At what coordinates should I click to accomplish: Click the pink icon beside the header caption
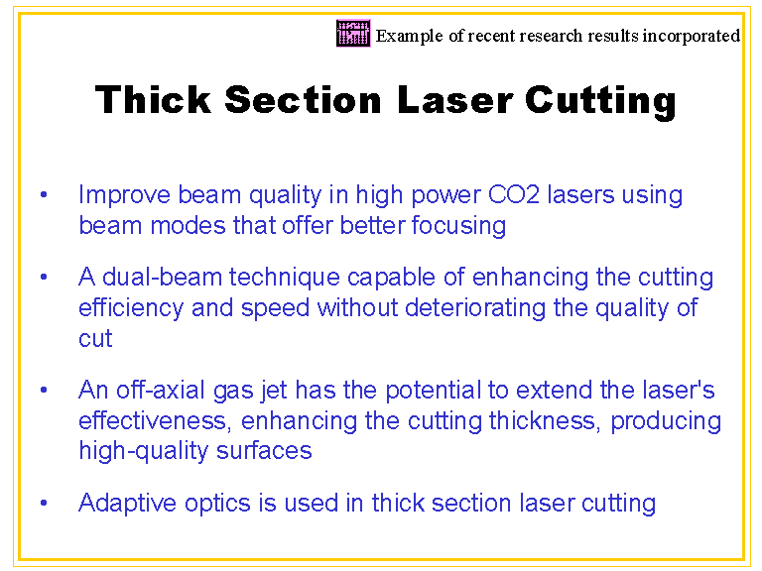click(x=353, y=33)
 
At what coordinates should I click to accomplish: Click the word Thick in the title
click(x=153, y=99)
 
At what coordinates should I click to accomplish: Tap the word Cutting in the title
click(x=600, y=102)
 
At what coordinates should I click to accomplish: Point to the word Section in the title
click(x=303, y=99)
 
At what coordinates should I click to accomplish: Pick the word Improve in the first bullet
click(x=124, y=195)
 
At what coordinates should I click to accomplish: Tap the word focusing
click(x=458, y=226)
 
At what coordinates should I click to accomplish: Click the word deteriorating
click(x=475, y=308)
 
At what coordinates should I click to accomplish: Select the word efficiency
click(x=131, y=309)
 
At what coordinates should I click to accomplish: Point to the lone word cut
click(x=95, y=338)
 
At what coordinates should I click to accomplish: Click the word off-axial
click(x=161, y=390)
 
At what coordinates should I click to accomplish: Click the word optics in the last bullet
click(x=217, y=503)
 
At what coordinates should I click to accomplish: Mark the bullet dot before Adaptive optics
click(x=44, y=503)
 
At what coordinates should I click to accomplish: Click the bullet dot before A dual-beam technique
click(x=44, y=277)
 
